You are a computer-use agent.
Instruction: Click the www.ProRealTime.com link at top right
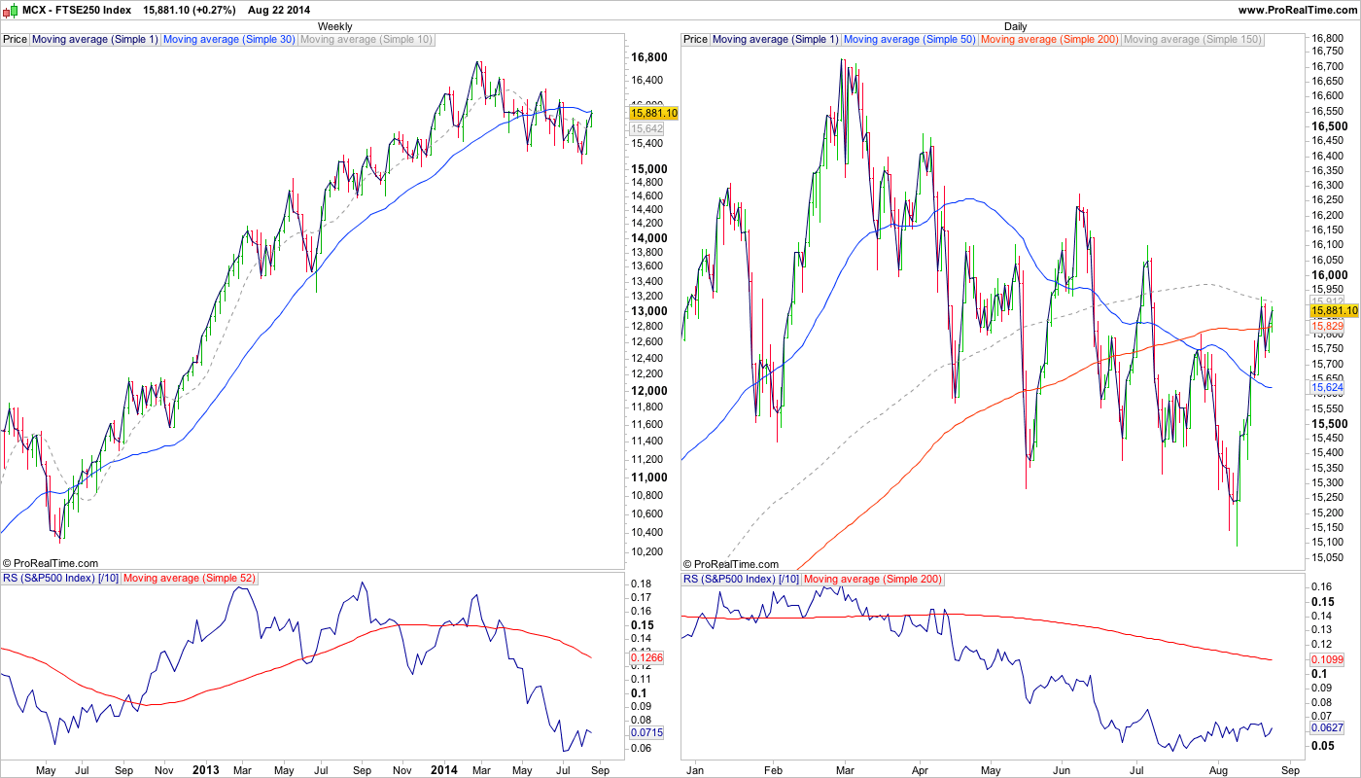pyautogui.click(x=1296, y=10)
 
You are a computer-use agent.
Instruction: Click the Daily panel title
pyautogui.click(x=1015, y=26)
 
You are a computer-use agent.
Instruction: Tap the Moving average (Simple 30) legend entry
pyautogui.click(x=229, y=40)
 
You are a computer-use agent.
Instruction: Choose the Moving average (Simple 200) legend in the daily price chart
pyautogui.click(x=1050, y=40)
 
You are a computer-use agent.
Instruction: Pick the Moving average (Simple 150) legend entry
pyautogui.click(x=1192, y=40)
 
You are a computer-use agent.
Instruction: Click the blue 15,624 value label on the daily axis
pyautogui.click(x=1327, y=387)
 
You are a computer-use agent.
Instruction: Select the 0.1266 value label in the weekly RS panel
pyautogui.click(x=646, y=658)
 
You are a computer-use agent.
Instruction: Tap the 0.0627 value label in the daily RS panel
pyautogui.click(x=1327, y=728)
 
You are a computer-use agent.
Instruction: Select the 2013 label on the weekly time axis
pyautogui.click(x=205, y=770)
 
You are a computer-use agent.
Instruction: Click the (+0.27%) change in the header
pyautogui.click(x=214, y=10)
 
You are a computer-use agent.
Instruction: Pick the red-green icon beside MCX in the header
pyautogui.click(x=9, y=10)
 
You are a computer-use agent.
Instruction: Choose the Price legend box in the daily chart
pyautogui.click(x=695, y=40)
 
